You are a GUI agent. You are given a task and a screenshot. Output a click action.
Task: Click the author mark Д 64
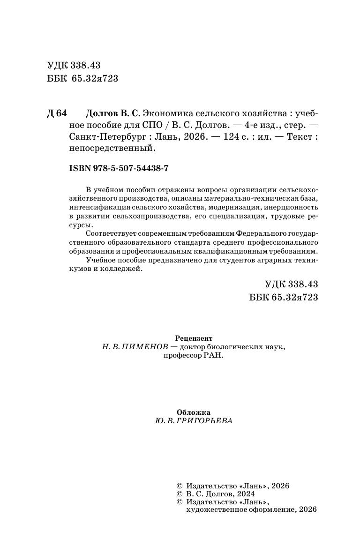(x=58, y=114)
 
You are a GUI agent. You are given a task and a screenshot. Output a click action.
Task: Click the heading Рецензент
(x=193, y=338)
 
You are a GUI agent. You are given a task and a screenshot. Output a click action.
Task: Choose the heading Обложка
(x=194, y=412)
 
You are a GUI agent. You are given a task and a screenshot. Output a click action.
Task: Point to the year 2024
(x=244, y=494)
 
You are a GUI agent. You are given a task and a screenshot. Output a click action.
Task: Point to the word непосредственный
(x=112, y=149)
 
